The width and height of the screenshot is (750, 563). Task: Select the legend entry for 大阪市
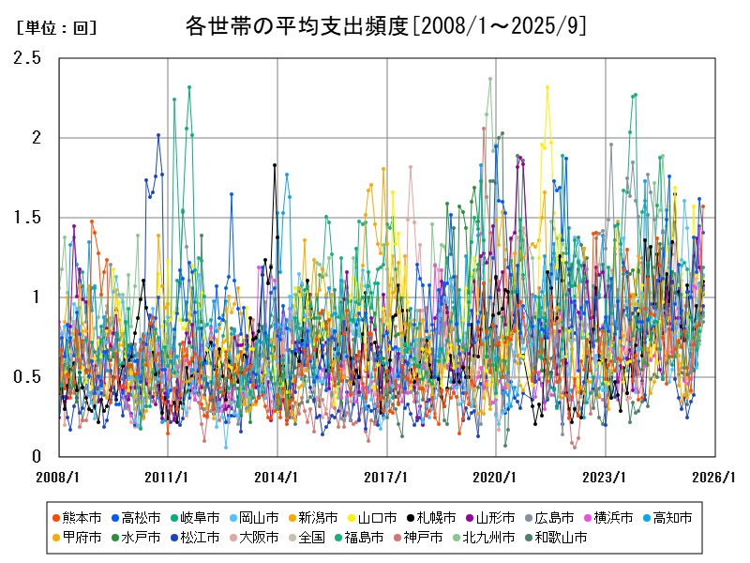coord(253,538)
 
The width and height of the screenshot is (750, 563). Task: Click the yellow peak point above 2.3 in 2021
coord(547,87)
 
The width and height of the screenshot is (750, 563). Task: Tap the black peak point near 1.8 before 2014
coord(275,165)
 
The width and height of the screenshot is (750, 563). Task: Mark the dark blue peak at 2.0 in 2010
coord(158,135)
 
